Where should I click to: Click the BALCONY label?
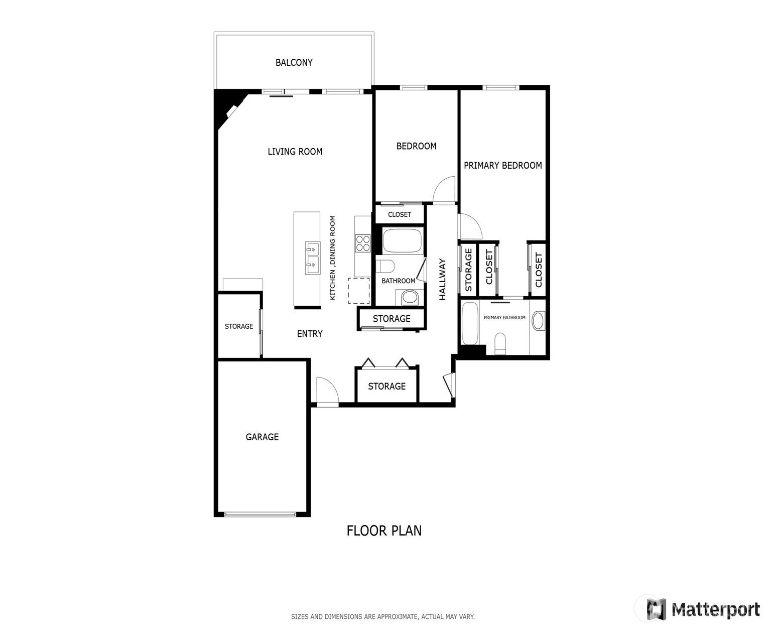point(294,63)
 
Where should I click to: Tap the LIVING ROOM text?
point(295,152)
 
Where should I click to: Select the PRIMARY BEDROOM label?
point(502,165)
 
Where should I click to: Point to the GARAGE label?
point(262,437)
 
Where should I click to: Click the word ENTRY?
point(310,334)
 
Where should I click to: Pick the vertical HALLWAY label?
point(442,279)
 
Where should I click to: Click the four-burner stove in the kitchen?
point(363,243)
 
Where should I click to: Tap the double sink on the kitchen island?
point(312,258)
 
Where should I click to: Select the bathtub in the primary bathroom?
point(470,323)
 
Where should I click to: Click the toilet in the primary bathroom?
point(500,343)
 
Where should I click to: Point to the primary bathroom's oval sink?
point(538,321)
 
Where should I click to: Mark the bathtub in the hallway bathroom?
point(402,240)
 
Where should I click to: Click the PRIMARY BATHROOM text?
point(504,318)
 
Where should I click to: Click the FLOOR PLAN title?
point(384,531)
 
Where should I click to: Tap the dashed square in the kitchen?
point(359,291)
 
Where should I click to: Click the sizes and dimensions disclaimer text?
point(382,616)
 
